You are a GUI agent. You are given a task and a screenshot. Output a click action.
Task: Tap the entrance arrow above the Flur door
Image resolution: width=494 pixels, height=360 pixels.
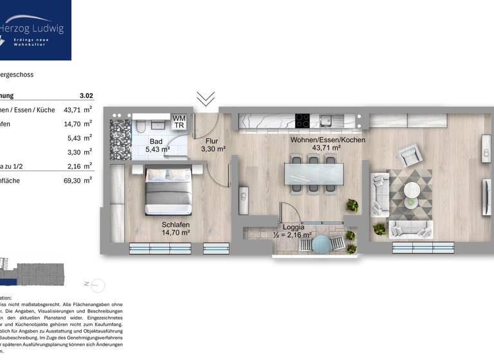click(205, 98)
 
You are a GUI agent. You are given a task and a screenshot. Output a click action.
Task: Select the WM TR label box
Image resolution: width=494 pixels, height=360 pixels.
click(179, 122)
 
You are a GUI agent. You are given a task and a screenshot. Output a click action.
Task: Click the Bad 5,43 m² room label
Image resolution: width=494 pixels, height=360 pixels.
click(156, 145)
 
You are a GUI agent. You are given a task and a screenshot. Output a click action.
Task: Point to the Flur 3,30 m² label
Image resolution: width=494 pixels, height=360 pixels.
click(213, 145)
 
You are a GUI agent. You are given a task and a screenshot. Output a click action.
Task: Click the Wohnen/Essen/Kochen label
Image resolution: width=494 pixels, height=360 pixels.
click(327, 144)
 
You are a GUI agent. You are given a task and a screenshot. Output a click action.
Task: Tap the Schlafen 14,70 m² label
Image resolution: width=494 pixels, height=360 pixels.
click(175, 228)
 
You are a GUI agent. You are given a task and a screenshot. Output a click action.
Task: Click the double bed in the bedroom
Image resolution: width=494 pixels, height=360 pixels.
click(167, 190)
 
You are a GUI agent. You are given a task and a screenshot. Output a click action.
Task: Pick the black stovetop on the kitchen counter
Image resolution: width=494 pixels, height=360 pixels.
click(302, 120)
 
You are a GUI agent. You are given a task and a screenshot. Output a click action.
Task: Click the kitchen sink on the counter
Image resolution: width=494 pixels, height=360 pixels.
click(327, 120)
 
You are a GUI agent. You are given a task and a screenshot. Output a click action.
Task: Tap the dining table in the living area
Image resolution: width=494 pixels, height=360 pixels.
click(313, 174)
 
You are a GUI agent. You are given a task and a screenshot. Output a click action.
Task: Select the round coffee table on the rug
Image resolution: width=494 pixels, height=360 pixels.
click(412, 191)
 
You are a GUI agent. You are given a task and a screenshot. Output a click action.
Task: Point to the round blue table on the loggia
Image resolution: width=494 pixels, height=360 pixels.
click(336, 244)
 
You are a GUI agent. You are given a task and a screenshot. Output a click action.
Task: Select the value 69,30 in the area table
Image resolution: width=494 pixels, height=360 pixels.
click(72, 181)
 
